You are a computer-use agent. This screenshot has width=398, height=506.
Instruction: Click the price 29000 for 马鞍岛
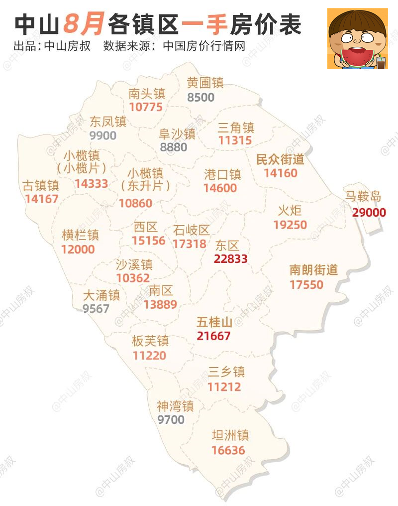pos(369,213)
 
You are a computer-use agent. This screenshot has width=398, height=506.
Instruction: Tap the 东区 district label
pos(227,246)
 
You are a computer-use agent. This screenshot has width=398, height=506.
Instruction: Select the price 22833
pos(230,259)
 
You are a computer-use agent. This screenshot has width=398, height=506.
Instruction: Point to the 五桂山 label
pos(214,322)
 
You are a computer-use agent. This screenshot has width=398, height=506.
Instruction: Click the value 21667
pos(213,336)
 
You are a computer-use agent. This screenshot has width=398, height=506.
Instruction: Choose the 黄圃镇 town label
pos(205,83)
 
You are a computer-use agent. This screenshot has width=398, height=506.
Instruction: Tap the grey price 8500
pos(201,97)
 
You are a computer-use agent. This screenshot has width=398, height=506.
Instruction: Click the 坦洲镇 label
pos(230,436)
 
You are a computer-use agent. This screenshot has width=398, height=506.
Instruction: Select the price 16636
pos(228,450)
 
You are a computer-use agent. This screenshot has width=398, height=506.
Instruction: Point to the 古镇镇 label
pos(41,186)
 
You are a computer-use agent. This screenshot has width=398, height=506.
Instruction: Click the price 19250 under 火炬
pos(290,225)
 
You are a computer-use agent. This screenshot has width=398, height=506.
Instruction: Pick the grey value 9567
pos(96,309)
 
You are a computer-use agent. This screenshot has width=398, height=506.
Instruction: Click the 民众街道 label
pos(280,159)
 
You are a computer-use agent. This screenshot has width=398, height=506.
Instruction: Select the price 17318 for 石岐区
pos(190,244)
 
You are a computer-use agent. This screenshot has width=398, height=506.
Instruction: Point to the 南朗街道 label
pos(313,270)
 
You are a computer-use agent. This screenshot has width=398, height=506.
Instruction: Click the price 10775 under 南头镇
pos(146,107)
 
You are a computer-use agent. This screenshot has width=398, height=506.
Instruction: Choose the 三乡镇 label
pos(226,372)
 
